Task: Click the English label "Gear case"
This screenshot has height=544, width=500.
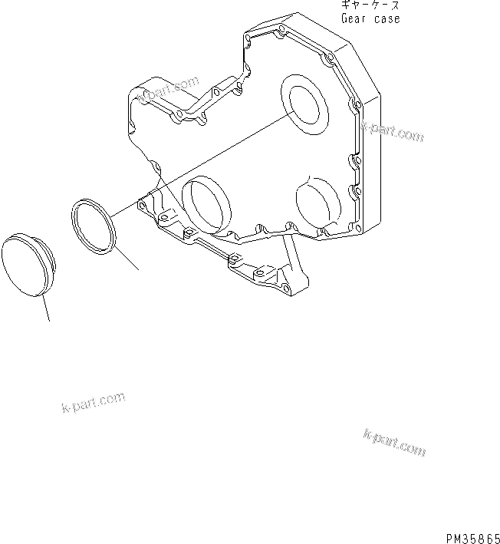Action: coord(370,18)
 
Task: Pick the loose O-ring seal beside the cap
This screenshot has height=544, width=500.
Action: coord(93,225)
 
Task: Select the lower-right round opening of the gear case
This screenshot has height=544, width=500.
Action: coord(317,206)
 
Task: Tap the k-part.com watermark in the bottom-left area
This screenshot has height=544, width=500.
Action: coord(92,402)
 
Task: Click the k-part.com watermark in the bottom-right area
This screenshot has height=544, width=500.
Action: coord(395,443)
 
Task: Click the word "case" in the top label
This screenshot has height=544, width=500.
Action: coord(387,18)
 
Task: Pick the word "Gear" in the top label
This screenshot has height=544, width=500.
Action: coord(354,18)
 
